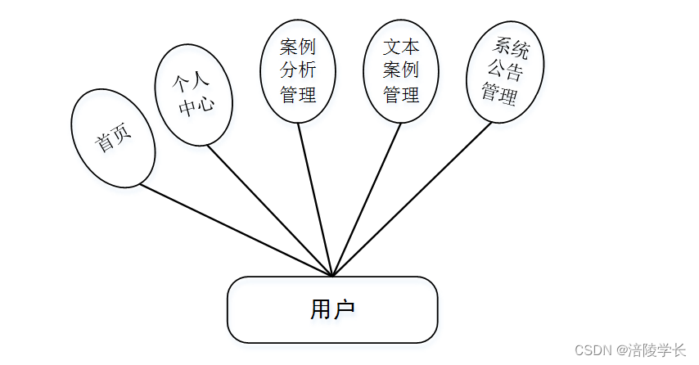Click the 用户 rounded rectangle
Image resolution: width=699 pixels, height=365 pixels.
331,309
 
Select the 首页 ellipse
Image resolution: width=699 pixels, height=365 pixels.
113,137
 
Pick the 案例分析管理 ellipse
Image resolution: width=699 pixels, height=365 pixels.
298,70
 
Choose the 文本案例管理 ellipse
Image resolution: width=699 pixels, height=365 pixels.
401,70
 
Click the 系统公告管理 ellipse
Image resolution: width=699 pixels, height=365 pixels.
505,71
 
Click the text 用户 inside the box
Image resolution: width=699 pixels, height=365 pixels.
331,309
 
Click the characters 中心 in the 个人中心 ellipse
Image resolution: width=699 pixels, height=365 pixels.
196,106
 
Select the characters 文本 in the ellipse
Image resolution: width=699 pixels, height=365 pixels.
401,47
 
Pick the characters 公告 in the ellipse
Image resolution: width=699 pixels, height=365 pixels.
505,70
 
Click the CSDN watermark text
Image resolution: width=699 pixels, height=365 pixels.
593,350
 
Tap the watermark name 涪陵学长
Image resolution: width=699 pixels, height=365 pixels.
656,350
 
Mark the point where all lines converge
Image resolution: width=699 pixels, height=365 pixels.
333,276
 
